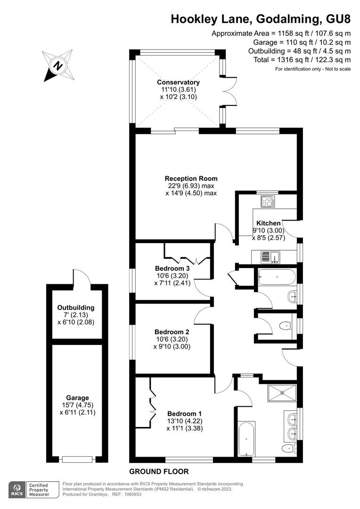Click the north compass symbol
click(x=58, y=66)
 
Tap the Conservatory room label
click(x=178, y=82)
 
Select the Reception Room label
click(x=191, y=179)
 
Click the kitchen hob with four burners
click(x=268, y=201)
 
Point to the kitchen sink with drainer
click(x=270, y=257)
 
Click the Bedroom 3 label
click(x=172, y=269)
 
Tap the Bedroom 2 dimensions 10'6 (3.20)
click(x=172, y=339)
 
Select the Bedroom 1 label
click(x=184, y=414)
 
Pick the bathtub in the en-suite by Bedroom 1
click(x=246, y=440)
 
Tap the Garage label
click(x=77, y=398)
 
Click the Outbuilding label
click(x=76, y=307)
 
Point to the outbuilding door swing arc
click(x=81, y=275)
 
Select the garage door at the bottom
click(x=77, y=460)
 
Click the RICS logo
click(x=17, y=490)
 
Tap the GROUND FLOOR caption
click(x=159, y=471)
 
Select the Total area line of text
click(x=302, y=60)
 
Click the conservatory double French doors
click(x=229, y=91)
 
